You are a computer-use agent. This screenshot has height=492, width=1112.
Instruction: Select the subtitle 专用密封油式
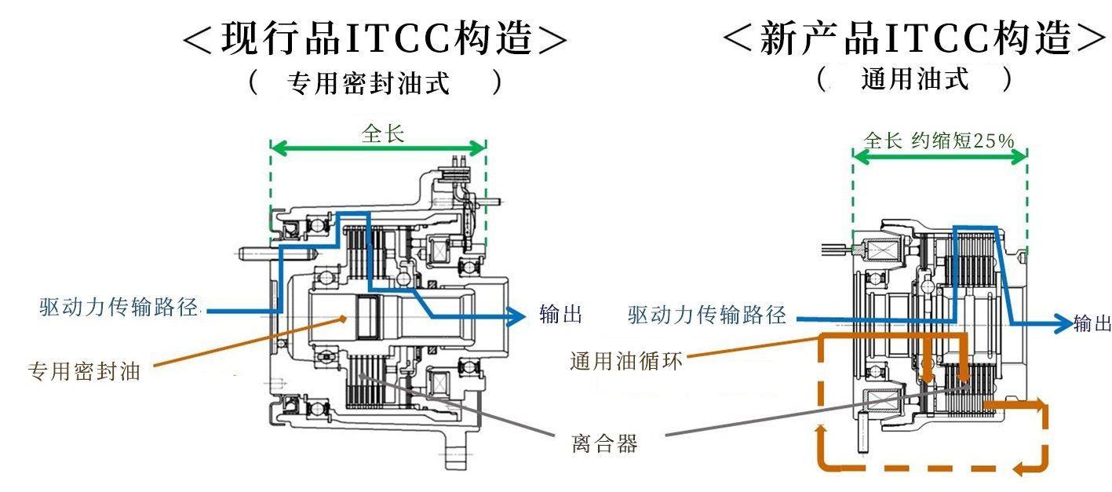[x=369, y=83]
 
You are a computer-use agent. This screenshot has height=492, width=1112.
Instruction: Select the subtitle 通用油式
[x=914, y=79]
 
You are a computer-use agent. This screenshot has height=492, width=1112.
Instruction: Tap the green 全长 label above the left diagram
[x=382, y=133]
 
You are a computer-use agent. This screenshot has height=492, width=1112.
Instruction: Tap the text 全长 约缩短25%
[x=939, y=140]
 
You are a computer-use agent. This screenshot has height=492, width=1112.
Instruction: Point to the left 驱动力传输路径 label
[x=118, y=307]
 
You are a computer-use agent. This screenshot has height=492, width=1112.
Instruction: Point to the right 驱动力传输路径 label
[x=706, y=315]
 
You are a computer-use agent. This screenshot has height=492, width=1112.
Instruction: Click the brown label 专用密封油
[x=84, y=371]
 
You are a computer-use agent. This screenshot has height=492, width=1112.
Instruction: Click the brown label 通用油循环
[x=625, y=361]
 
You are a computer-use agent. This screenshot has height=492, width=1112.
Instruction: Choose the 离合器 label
[x=604, y=444]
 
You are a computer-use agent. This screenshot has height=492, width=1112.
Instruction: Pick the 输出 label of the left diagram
[x=561, y=315]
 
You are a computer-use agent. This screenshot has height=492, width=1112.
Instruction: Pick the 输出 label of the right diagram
[x=1092, y=323]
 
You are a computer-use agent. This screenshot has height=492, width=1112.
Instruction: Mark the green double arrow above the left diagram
[x=377, y=148]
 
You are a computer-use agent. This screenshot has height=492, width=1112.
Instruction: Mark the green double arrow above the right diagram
[x=939, y=156]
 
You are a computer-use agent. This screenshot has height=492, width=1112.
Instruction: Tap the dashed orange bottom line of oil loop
[x=926, y=470]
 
